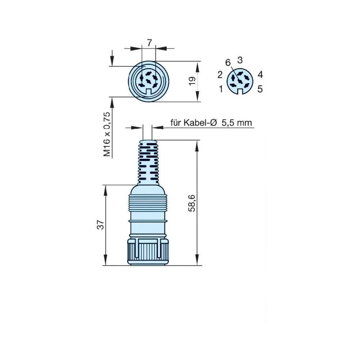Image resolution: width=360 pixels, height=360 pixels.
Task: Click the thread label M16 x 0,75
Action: (x=107, y=134)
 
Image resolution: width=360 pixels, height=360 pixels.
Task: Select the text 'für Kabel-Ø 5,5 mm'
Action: (x=211, y=123)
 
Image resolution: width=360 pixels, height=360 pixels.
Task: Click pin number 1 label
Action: (x=221, y=89)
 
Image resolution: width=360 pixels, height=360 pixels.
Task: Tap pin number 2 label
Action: (x=220, y=75)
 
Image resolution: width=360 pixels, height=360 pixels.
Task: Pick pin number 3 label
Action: (x=240, y=60)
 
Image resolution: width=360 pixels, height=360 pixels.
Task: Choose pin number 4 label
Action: (x=260, y=75)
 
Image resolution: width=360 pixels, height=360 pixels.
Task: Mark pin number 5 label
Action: (x=260, y=89)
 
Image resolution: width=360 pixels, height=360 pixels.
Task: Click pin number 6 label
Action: (x=228, y=63)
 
